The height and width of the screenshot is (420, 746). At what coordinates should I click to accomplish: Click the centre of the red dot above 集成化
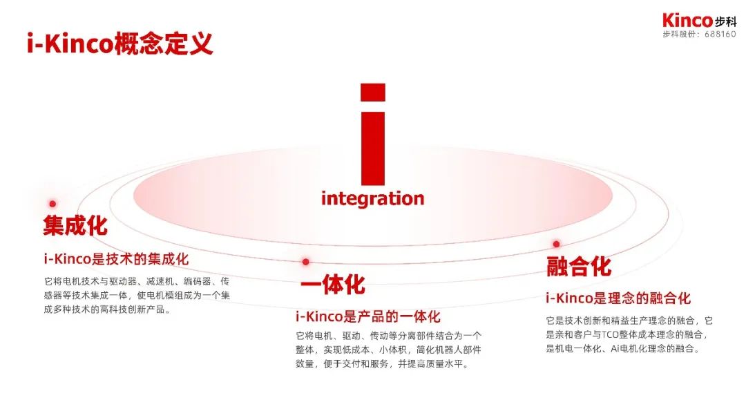tap(52, 204)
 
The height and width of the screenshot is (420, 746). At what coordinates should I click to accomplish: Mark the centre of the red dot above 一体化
tap(305, 262)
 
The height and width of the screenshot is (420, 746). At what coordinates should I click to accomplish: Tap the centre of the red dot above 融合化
tap(556, 244)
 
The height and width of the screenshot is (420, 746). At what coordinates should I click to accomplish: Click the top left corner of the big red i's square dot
tap(361, 84)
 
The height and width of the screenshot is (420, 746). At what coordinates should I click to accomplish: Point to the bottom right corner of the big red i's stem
tap(385, 185)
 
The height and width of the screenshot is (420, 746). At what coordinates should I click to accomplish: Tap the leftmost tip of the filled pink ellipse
tap(133, 195)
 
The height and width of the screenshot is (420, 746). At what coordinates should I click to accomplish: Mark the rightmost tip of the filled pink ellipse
tap(613, 195)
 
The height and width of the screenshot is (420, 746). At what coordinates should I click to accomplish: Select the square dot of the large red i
tap(373, 93)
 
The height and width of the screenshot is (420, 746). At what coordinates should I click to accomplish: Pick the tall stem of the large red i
tap(373, 149)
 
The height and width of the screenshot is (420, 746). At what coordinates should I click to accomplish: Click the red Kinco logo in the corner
tap(687, 21)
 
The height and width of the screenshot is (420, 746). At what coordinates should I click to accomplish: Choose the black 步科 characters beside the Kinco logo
tap(725, 21)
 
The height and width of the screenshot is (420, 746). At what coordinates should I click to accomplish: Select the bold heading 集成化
tap(75, 225)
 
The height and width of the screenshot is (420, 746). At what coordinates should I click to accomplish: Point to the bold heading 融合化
tap(579, 266)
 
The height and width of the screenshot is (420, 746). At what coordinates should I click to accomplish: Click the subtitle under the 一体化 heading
tap(368, 316)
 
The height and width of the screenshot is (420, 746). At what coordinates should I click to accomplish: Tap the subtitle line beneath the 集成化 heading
tap(117, 259)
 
